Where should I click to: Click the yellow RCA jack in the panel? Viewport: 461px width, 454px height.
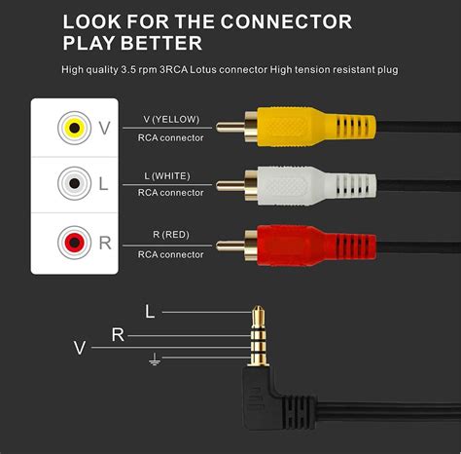(x=71, y=128)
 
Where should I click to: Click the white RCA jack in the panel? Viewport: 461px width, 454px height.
(x=71, y=184)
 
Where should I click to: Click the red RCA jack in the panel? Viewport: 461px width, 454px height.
(x=71, y=242)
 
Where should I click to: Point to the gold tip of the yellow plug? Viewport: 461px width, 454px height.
(x=227, y=127)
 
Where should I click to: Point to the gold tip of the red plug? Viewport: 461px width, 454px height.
(x=227, y=242)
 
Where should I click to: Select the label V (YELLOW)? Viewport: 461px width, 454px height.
(x=170, y=119)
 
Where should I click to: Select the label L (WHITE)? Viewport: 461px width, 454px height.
(x=170, y=175)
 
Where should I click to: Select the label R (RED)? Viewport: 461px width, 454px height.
(x=170, y=233)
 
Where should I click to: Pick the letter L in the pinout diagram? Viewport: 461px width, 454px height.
(x=149, y=312)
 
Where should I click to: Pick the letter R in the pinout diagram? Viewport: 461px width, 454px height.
(x=118, y=335)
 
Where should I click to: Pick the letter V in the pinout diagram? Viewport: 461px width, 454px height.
(x=80, y=347)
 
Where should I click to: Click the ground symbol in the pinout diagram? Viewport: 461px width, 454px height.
(x=154, y=359)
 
